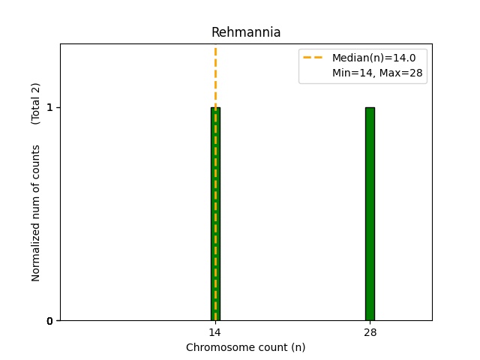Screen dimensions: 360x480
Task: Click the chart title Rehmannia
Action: [x=246, y=32]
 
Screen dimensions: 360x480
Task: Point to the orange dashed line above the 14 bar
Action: [x=215, y=75]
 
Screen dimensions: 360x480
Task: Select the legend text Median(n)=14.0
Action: [x=373, y=58]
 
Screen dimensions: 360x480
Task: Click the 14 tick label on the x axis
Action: [x=215, y=332]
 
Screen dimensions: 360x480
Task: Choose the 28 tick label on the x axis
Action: [x=370, y=332]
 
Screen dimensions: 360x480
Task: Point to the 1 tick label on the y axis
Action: [x=49, y=107]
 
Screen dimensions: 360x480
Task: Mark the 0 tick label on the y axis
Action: [x=49, y=321]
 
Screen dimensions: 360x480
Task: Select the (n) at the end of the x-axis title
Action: [x=298, y=347]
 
